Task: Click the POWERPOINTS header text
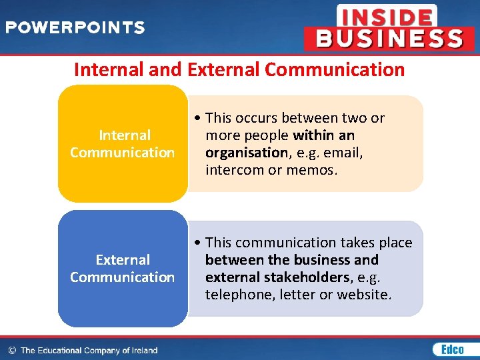coord(75,28)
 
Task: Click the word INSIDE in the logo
coord(386,16)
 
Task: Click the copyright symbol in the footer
coord(11,350)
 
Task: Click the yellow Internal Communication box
coord(123,144)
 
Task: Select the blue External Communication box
coord(123,269)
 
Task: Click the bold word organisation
coord(245,153)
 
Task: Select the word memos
coord(313,170)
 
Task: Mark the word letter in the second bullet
coord(291,295)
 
